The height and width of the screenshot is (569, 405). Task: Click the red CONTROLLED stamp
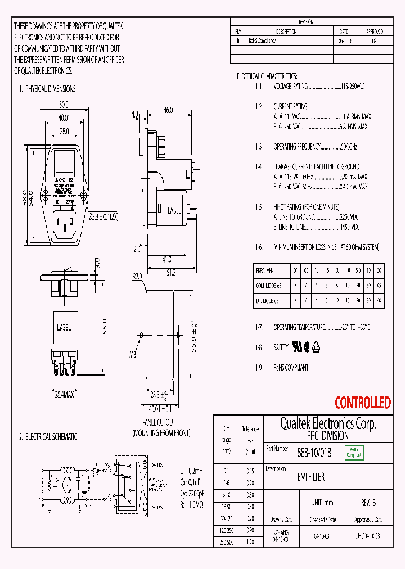point(362,403)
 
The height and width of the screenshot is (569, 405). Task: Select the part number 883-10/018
point(314,451)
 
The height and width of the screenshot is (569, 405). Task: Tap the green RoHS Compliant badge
point(354,452)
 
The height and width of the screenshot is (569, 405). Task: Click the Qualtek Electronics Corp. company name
point(328,424)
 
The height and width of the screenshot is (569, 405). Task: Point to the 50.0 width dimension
point(64,105)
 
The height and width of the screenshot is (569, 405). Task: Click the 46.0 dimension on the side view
point(168,110)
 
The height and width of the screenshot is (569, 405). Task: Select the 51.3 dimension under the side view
point(171,272)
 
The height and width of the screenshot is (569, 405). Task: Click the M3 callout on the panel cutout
point(133,354)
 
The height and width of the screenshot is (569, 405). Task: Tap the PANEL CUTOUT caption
point(158,422)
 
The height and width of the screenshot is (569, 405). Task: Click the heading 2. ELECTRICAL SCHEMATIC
point(48,437)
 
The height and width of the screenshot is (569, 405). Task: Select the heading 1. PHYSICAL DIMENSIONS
point(47,89)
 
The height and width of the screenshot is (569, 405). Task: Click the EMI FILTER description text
point(310,477)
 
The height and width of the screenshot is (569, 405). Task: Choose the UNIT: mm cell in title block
point(322,503)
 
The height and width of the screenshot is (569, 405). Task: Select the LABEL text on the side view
point(174,210)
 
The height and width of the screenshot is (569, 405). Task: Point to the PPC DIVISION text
point(328,436)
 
